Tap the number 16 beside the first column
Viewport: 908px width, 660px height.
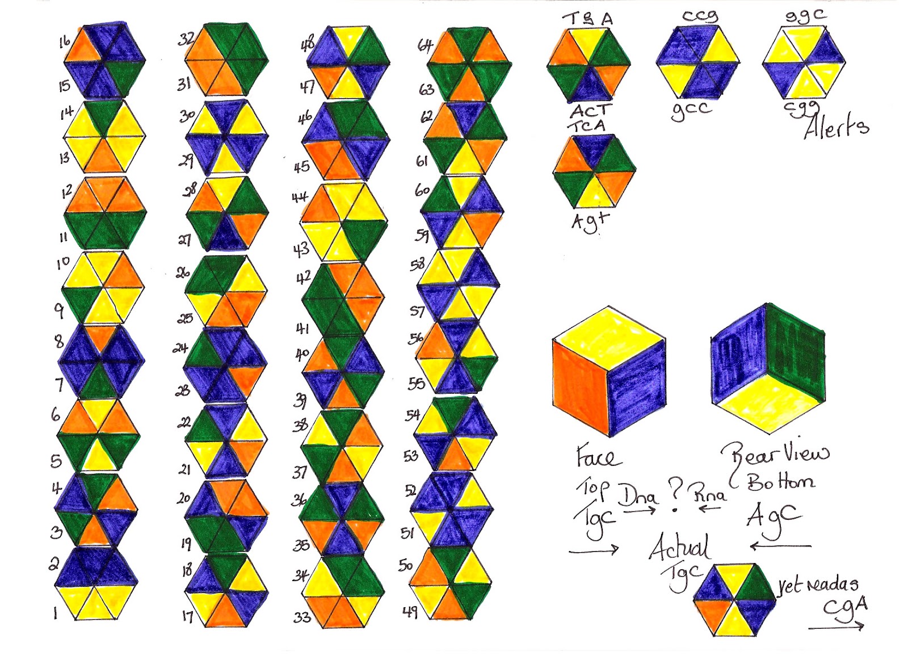coord(65,41)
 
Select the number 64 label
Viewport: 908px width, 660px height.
coord(426,45)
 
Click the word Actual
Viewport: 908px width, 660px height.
coord(679,547)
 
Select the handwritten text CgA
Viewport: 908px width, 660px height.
coord(846,607)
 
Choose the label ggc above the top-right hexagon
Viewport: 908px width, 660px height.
coord(805,17)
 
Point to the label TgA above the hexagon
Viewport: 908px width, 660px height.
coord(588,19)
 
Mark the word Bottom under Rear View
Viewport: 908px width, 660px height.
coord(781,482)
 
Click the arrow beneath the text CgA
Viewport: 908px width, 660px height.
coord(836,627)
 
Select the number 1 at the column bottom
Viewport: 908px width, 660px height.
coord(55,613)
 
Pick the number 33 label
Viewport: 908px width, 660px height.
coord(302,617)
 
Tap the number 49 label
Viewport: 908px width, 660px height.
coord(410,611)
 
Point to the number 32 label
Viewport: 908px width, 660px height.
coord(186,39)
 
